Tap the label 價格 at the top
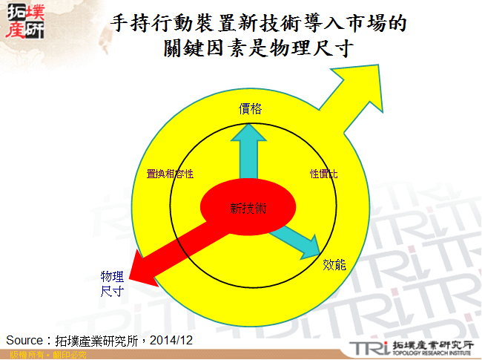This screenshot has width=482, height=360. coord(250,108)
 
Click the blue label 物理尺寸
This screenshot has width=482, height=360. coord(112,284)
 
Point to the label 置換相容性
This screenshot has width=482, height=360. coord(171,174)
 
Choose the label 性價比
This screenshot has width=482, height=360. coord(323,174)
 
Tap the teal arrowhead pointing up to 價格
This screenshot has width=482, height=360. coord(249,132)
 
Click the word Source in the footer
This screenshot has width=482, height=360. coord(23,341)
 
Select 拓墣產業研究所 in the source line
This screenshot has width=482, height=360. coord(97,341)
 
